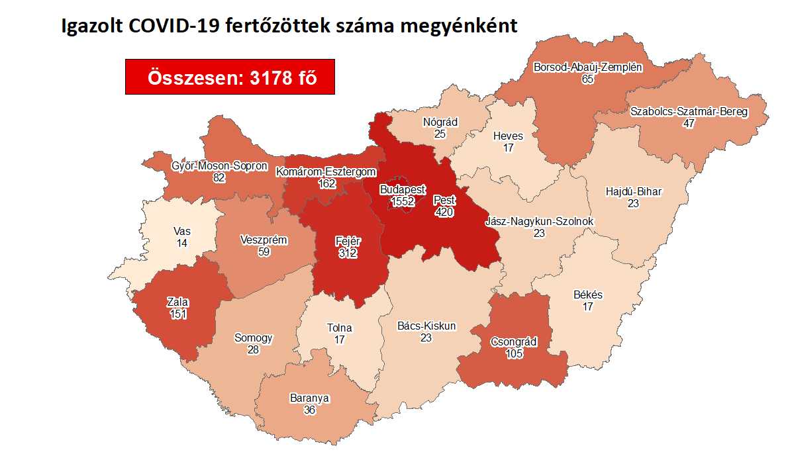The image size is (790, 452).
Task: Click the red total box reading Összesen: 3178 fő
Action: click(230, 77)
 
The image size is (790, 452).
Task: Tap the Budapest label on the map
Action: click(403, 189)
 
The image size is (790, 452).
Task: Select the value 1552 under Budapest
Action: click(403, 201)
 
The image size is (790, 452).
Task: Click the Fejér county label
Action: click(346, 242)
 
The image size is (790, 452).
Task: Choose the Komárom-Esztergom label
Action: click(327, 172)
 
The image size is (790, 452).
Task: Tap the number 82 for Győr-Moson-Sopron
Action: click(219, 177)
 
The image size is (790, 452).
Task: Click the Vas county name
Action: click(181, 232)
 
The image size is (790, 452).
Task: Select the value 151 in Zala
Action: click(177, 314)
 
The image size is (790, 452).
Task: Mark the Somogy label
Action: click(253, 338)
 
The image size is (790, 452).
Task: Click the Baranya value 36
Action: click(309, 410)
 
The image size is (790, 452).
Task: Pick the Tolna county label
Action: click(340, 328)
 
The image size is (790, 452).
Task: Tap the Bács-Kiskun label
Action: click(426, 326)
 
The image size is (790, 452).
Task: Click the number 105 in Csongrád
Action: click(514, 354)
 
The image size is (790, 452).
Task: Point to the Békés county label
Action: click(587, 295)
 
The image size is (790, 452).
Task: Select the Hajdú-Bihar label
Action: click(634, 192)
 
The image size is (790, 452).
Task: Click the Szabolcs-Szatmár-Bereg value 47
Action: click(689, 123)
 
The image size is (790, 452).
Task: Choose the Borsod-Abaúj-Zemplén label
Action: click(588, 67)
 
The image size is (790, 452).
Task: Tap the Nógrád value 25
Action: click(440, 134)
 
